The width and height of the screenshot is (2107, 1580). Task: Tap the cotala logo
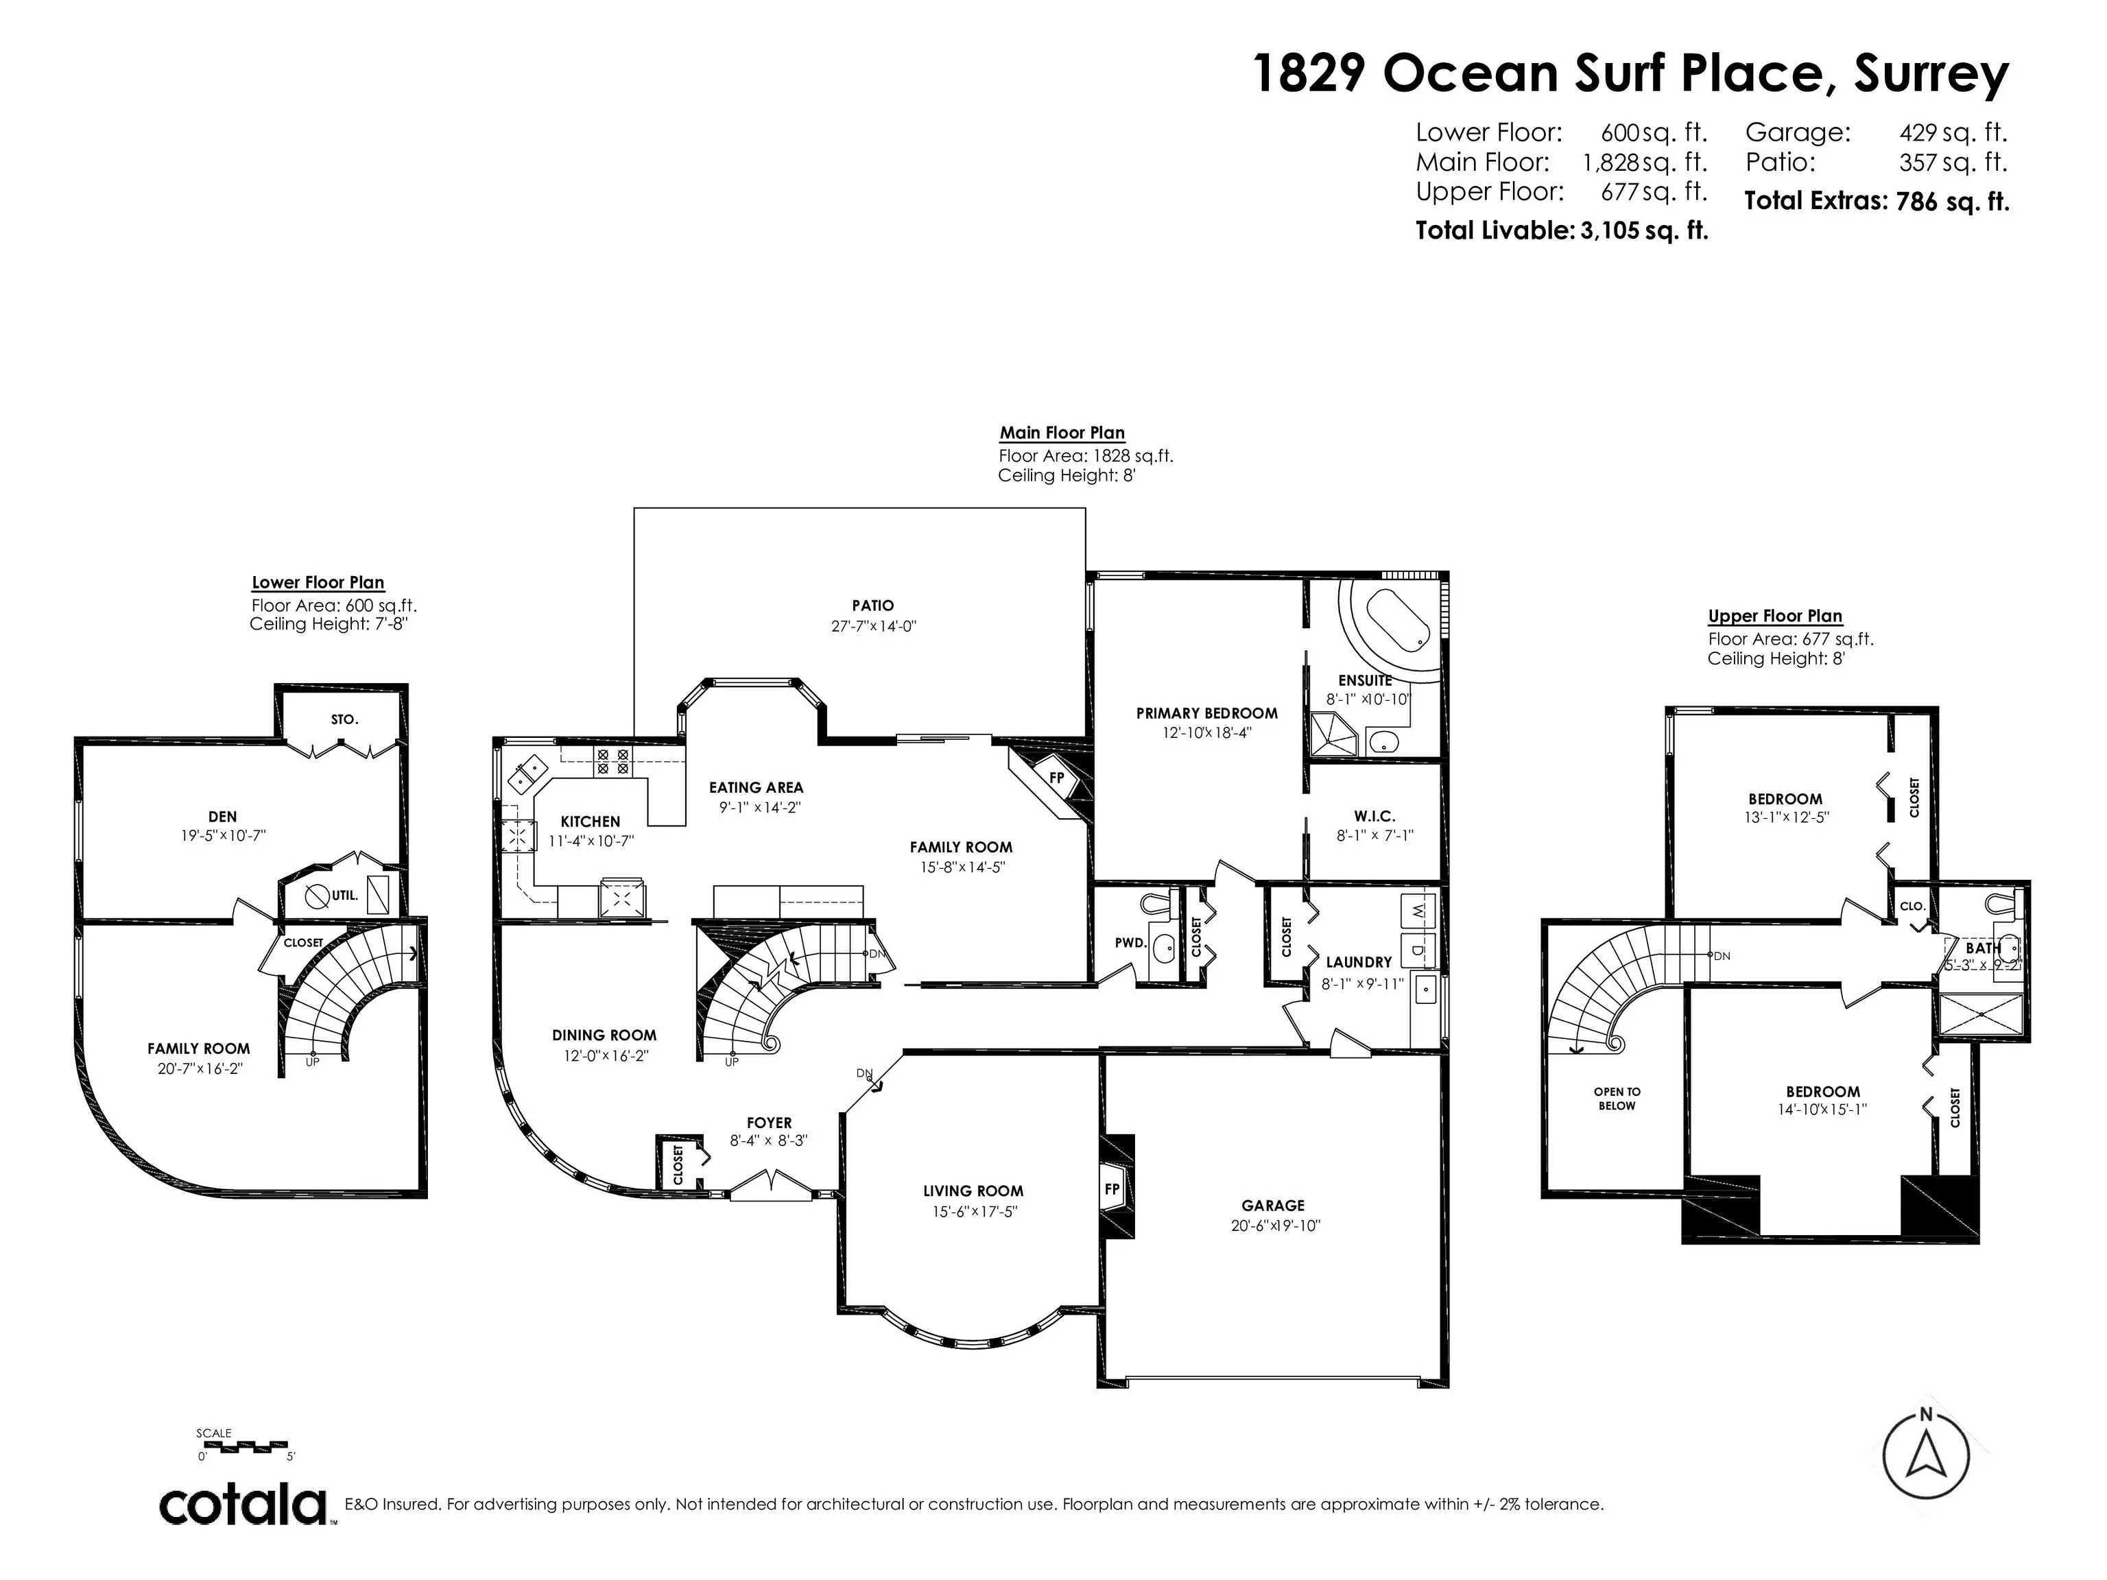click(243, 1505)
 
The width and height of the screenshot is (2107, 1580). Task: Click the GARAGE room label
click(1272, 1206)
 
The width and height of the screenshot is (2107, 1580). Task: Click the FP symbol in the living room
click(1112, 1190)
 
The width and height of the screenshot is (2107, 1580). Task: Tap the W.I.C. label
click(1374, 816)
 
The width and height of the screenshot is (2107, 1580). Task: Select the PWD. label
click(1130, 943)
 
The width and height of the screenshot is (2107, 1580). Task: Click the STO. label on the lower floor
click(345, 720)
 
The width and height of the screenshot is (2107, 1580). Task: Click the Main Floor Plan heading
click(1062, 433)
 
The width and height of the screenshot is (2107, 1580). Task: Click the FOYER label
click(769, 1123)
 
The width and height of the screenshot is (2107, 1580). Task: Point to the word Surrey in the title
click(1931, 74)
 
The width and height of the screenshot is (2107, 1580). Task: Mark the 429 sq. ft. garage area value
click(1953, 132)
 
